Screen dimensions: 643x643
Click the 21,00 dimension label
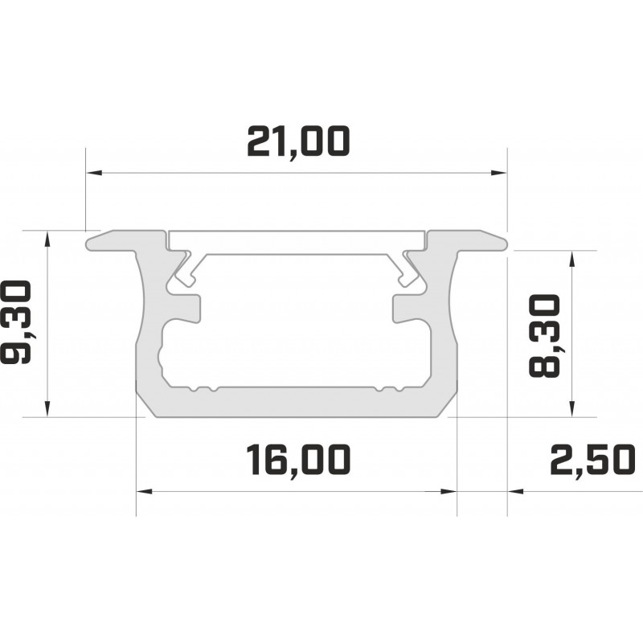click(298, 142)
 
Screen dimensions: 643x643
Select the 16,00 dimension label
click(298, 460)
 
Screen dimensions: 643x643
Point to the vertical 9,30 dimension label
click(17, 322)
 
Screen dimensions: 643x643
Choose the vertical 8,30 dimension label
click(544, 336)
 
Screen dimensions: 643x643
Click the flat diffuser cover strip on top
click(297, 242)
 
